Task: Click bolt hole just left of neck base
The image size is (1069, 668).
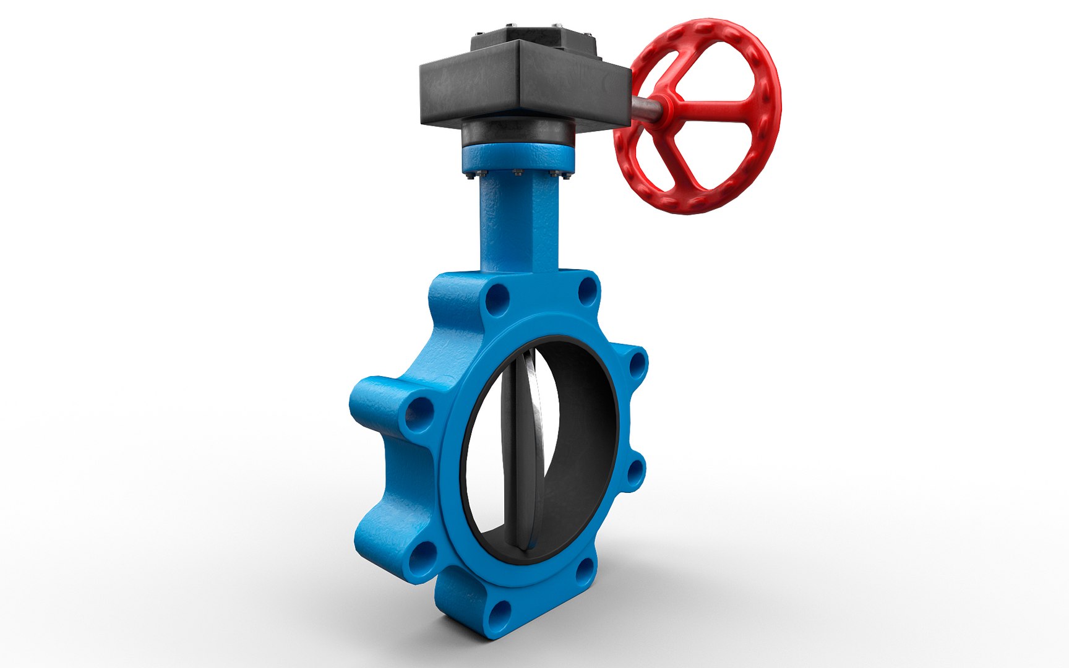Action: tap(497, 301)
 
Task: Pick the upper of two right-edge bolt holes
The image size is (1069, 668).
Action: tap(636, 365)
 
